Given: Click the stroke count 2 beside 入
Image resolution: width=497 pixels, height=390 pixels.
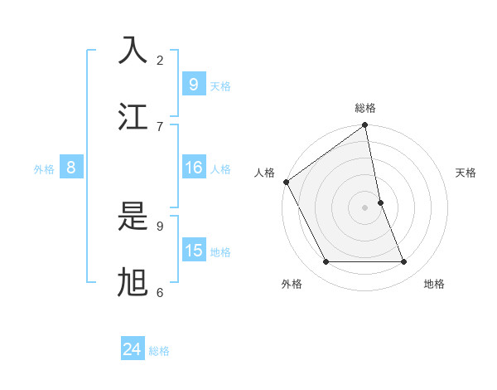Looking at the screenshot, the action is coord(160,60).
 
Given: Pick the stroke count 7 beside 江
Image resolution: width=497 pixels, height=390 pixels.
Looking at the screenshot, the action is coord(160,126).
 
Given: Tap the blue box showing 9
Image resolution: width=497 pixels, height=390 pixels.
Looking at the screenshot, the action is coord(193,84).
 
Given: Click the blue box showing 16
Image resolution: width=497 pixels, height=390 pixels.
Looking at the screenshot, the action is coord(193,168).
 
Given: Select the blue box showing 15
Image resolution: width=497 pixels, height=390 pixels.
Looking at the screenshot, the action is coord(193,251).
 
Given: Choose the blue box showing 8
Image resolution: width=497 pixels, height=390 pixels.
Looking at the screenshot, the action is coord(71,168).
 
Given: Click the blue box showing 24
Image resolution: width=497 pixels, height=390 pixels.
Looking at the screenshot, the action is coord(133,349).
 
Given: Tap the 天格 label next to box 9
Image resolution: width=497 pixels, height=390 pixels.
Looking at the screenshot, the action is coord(220,86).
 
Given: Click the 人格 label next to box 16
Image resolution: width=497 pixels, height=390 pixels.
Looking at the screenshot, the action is coord(220,169).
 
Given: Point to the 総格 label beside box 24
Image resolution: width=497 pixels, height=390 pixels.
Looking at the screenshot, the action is coord(159,351).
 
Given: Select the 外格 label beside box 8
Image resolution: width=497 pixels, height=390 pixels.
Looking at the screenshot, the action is coord(44,169).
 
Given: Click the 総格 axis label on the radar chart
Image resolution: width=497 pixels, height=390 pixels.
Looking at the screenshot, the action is coord(365,108).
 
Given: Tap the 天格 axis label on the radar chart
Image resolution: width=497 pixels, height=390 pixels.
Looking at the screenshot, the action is coord(466,173).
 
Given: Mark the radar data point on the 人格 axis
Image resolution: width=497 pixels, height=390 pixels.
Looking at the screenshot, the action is coord(287,182).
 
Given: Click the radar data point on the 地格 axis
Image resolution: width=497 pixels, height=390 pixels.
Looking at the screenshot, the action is coord(404,262).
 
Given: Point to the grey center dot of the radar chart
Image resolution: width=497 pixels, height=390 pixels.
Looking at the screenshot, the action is coord(365,207).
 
